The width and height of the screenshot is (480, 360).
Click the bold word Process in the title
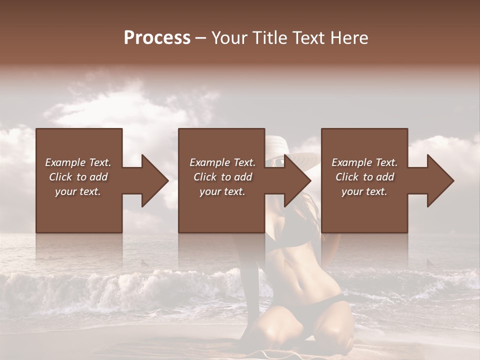157,38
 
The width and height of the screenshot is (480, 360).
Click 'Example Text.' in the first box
78,162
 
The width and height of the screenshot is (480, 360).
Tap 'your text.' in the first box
78,191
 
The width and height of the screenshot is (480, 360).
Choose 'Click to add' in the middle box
222,177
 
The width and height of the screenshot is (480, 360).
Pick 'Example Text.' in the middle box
222,162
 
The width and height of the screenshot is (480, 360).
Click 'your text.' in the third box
364,191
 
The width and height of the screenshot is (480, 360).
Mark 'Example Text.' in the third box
364,162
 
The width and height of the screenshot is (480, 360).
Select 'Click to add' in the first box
78,177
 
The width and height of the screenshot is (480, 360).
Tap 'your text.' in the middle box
222,191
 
